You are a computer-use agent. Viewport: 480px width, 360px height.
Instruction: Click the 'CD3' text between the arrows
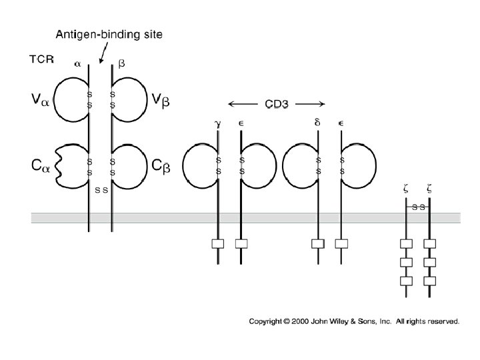point(277,104)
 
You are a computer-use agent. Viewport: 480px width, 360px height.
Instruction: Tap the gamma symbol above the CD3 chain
point(218,124)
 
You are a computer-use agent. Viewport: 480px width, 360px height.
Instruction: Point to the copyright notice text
point(354,321)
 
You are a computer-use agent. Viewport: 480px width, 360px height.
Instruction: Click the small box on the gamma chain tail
point(218,244)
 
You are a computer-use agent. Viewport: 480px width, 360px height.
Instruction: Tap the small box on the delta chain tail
point(318,244)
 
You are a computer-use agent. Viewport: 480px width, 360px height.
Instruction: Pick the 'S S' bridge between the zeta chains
point(418,207)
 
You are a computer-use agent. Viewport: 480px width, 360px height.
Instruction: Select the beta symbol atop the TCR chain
point(121,64)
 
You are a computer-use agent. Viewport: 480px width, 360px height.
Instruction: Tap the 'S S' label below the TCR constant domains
point(101,190)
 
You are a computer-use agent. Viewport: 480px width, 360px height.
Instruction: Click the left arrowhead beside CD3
point(231,104)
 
